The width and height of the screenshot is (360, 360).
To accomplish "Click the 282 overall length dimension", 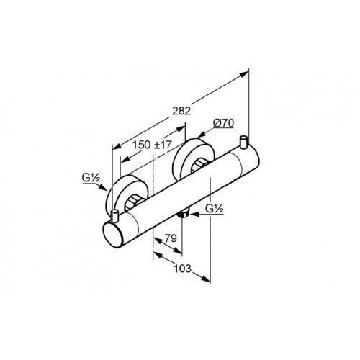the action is pyautogui.click(x=181, y=111).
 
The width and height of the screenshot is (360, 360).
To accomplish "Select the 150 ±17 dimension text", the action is pyautogui.click(x=153, y=145).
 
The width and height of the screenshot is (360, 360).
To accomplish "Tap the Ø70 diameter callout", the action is pyautogui.click(x=223, y=123).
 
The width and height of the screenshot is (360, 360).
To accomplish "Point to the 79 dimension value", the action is pyautogui.click(x=171, y=238).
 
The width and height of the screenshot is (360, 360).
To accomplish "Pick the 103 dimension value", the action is pyautogui.click(x=183, y=269).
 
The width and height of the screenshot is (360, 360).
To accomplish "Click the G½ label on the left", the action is pyautogui.click(x=91, y=178).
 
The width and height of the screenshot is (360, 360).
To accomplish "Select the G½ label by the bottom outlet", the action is pyautogui.click(x=215, y=209).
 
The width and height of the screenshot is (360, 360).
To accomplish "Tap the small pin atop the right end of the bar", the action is pyautogui.click(x=244, y=142).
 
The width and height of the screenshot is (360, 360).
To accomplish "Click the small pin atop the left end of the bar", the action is pyautogui.click(x=115, y=215).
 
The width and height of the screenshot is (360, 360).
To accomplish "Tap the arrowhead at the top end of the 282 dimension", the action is pyautogui.click(x=244, y=74).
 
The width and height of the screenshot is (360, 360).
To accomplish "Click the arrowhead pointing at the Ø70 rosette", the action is pyautogui.click(x=202, y=135).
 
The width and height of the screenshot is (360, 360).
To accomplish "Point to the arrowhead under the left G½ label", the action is pyautogui.click(x=103, y=187).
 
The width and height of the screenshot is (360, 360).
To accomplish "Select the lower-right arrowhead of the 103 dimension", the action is pyautogui.click(x=206, y=279).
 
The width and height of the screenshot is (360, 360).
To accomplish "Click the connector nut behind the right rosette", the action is pyautogui.click(x=199, y=166).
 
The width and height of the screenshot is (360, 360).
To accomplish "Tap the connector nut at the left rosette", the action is pyautogui.click(x=133, y=202).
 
